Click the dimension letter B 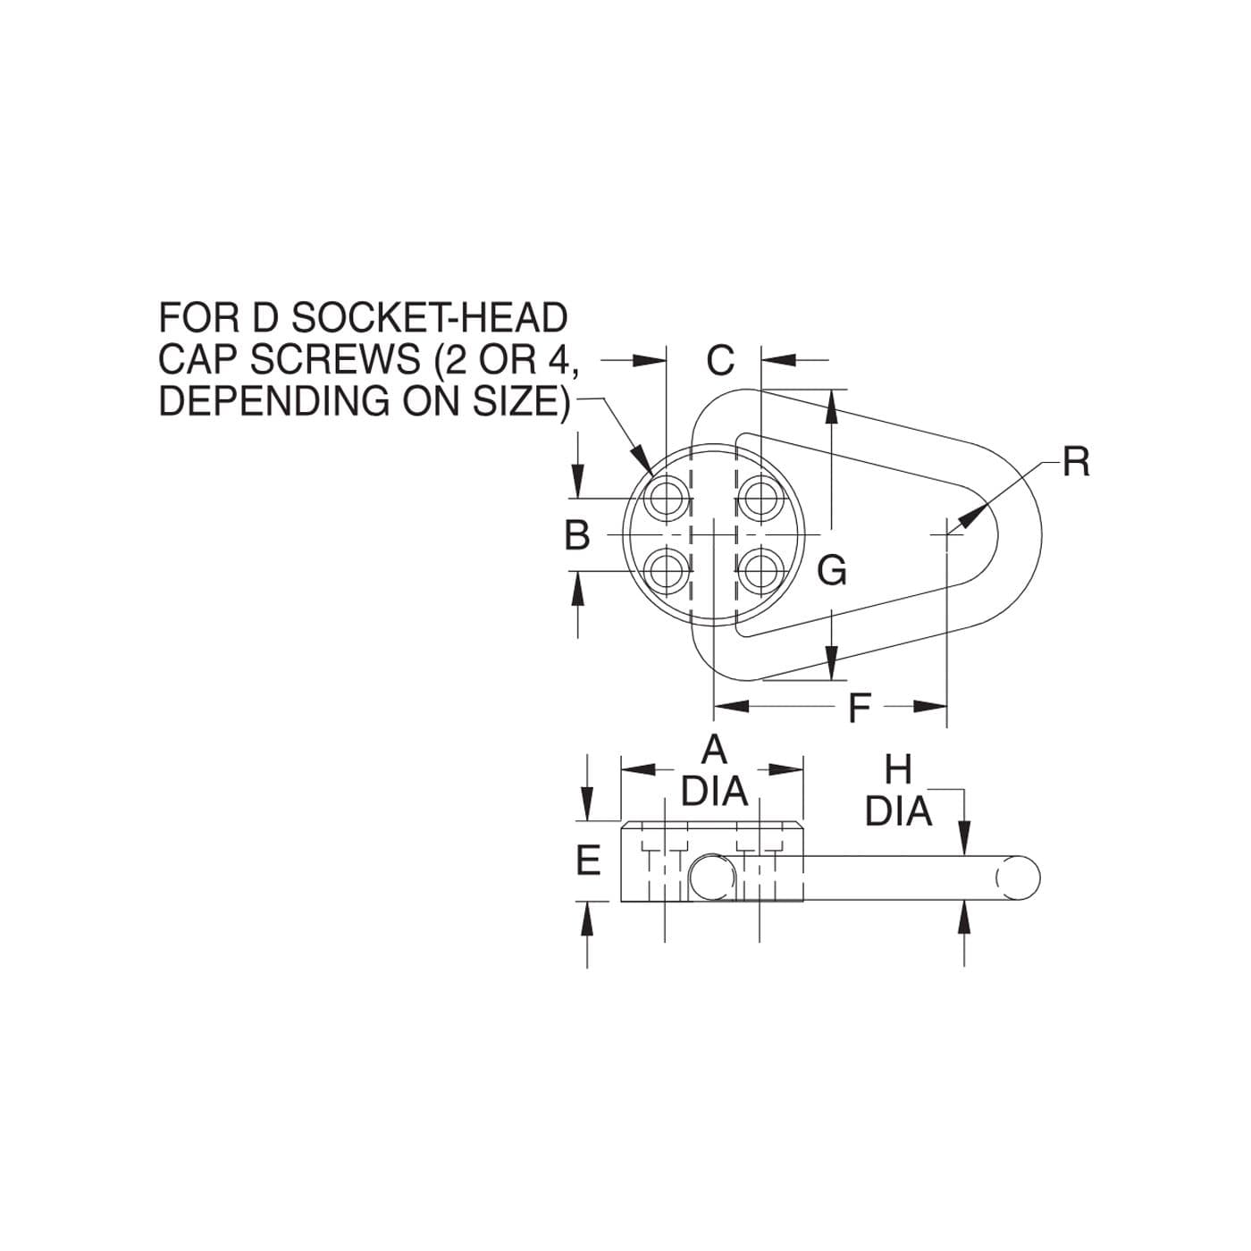pyautogui.click(x=576, y=536)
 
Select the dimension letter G pyautogui.click(x=832, y=570)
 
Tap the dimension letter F pyautogui.click(x=859, y=708)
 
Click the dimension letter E pyautogui.click(x=588, y=861)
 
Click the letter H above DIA pyautogui.click(x=899, y=770)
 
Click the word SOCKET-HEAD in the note pyautogui.click(x=429, y=318)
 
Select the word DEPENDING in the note pyautogui.click(x=274, y=401)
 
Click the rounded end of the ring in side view pyautogui.click(x=1018, y=878)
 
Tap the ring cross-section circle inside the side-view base pyautogui.click(x=712, y=878)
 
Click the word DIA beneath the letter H pyautogui.click(x=899, y=810)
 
